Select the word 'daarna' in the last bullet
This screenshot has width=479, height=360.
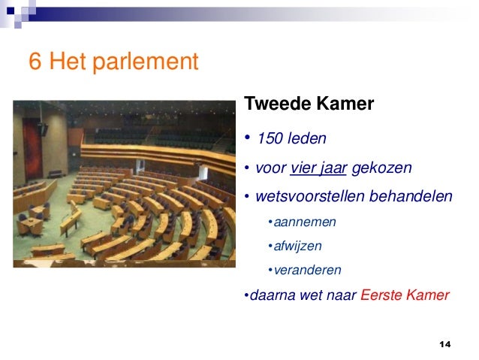(272, 295)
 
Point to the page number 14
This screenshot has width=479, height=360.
(444, 343)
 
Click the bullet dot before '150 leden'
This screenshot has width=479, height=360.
(246, 138)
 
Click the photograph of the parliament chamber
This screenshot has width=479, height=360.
(124, 184)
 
